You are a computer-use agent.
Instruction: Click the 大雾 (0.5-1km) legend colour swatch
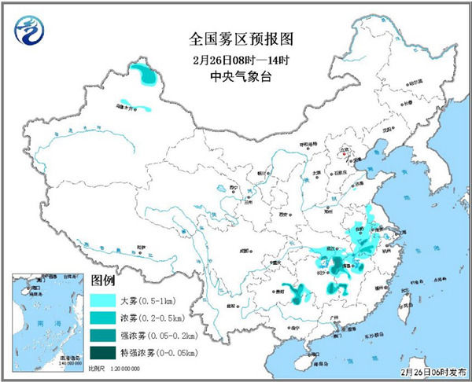pos(104,300)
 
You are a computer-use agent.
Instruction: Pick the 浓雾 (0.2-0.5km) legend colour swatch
pos(104,318)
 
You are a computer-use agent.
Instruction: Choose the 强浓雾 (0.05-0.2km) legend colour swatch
pos(104,336)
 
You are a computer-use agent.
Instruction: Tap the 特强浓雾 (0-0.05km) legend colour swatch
pos(104,354)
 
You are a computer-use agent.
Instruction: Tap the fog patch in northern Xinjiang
pos(145,75)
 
